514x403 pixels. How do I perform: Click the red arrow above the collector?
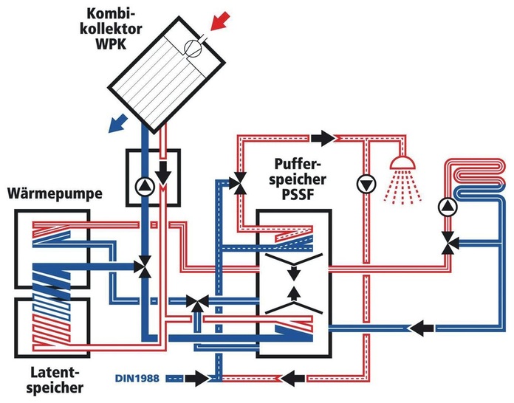[x=220, y=21]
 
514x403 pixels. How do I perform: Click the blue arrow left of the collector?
[x=117, y=123]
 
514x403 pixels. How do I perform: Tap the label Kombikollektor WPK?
[x=111, y=30]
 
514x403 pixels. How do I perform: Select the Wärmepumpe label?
[x=55, y=193]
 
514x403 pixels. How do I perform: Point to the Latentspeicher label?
[x=55, y=380]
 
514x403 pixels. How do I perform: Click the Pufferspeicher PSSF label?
[x=298, y=179]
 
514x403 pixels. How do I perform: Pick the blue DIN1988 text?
[x=137, y=379]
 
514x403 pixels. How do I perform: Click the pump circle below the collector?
[x=145, y=187]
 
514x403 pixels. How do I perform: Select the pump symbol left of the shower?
[x=366, y=184]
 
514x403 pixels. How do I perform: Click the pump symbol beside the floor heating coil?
[x=447, y=207]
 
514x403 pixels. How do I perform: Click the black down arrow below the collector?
[x=163, y=173]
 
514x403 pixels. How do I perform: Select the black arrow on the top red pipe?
[x=323, y=137]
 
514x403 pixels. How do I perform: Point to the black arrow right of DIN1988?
[x=196, y=379]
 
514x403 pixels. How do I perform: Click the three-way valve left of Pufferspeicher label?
[x=239, y=183]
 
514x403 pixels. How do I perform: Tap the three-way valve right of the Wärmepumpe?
[x=144, y=267]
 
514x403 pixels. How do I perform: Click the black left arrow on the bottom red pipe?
[x=292, y=379]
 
